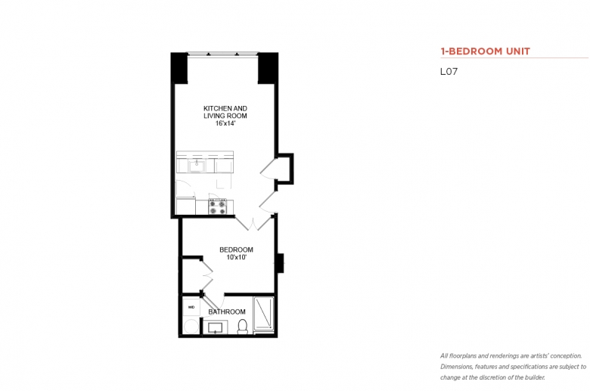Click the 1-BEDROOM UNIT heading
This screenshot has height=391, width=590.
[x=485, y=51]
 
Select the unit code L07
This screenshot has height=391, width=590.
[x=449, y=72]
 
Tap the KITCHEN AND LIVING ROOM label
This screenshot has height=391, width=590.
[x=225, y=112]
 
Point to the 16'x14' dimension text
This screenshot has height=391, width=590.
[x=225, y=123]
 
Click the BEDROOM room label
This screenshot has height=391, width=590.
[x=236, y=250]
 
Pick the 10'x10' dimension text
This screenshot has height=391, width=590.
[x=236, y=257]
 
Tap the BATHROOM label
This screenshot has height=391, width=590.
[x=227, y=312]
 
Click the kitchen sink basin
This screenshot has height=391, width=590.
[x=197, y=166]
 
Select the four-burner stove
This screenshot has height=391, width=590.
[x=218, y=206]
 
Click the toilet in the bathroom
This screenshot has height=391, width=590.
[x=243, y=327]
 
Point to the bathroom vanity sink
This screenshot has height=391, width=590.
[x=216, y=327]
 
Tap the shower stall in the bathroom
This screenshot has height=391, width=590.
[x=264, y=314]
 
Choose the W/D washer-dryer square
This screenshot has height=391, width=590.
[x=191, y=307]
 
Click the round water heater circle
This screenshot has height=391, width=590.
[x=191, y=327]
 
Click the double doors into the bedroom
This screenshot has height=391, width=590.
[x=254, y=222]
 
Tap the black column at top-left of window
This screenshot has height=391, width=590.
[x=179, y=68]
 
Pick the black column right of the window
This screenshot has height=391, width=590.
[x=268, y=68]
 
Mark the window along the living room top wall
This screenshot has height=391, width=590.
[x=222, y=54]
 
